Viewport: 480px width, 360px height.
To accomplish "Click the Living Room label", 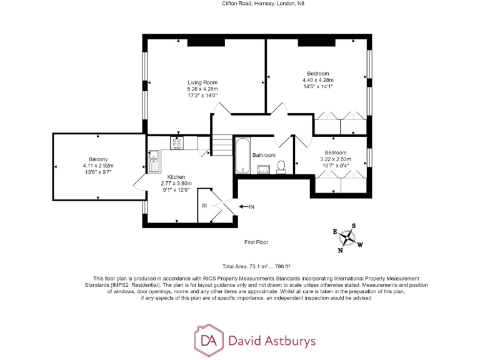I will (202, 82).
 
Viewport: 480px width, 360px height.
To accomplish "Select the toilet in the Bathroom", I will (282, 166).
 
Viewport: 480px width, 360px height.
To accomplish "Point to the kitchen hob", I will (177, 144).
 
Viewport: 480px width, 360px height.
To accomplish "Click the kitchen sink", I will (154, 164).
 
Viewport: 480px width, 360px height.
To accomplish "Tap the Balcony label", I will (97, 159).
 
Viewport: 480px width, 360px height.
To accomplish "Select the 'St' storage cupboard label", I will (204, 204).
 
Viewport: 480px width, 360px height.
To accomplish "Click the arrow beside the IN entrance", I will (244, 206).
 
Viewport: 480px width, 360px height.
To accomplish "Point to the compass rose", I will (349, 238).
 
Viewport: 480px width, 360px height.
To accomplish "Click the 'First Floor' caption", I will (256, 241).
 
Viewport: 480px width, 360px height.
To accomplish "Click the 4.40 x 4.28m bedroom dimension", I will (318, 80).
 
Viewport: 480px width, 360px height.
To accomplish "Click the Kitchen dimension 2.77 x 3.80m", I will (176, 184).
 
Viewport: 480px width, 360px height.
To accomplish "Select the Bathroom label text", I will (264, 155).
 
